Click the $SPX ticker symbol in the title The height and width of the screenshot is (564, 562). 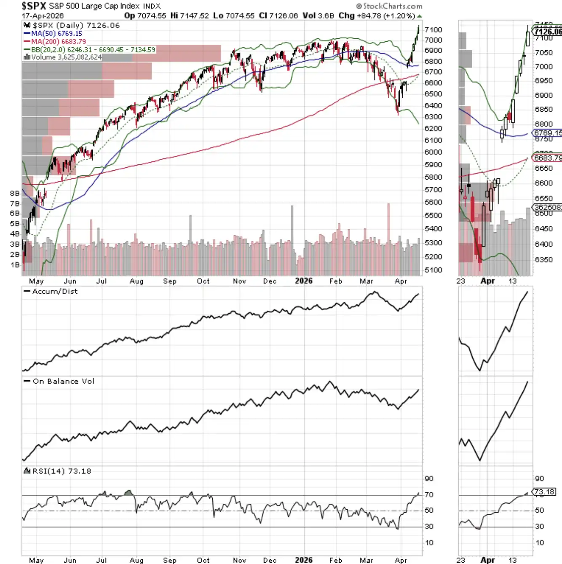pos(34,6)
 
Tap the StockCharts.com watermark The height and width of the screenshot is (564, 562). pos(389,6)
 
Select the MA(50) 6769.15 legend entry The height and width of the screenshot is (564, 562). pos(56,34)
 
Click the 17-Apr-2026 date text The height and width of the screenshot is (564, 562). pos(43,16)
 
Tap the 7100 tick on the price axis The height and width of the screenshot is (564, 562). pos(433,30)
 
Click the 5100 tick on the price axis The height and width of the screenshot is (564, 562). pos(433,270)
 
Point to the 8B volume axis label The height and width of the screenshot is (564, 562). pos(15,193)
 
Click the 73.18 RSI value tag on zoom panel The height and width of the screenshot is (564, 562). pos(544,492)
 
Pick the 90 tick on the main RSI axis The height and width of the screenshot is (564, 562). pos(429,478)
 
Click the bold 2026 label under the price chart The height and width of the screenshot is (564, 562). pos(303,281)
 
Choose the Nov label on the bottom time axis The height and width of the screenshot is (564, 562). pos(239,560)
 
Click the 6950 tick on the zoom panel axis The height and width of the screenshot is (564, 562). pos(543,81)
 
